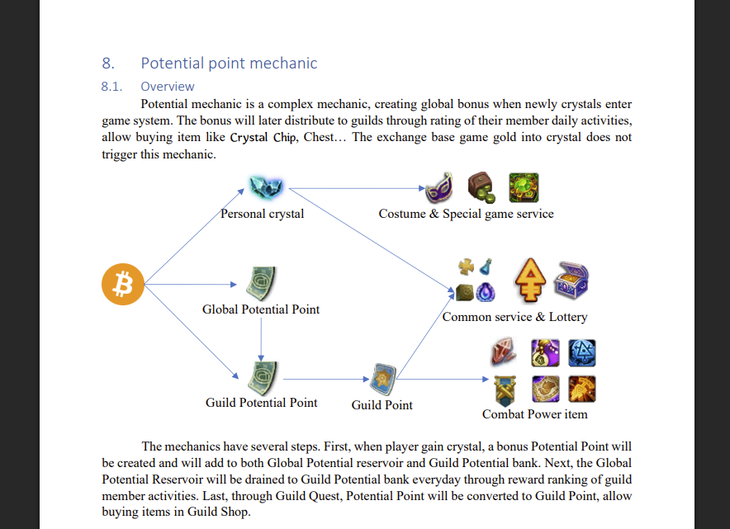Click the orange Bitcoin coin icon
[x=123, y=284]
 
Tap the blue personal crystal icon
[x=265, y=187]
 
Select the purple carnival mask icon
[x=439, y=187]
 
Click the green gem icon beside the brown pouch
[x=524, y=187]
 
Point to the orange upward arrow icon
[x=530, y=280]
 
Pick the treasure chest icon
[x=571, y=280]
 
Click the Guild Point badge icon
[x=382, y=379]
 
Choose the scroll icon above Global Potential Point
[x=261, y=283]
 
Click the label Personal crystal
[x=262, y=214]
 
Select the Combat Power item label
[x=535, y=414]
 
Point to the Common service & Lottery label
[x=515, y=317]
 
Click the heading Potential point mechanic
[x=229, y=63]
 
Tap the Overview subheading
[x=168, y=87]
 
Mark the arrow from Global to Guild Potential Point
[x=261, y=340]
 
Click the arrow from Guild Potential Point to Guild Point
[x=326, y=379]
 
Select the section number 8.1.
[x=111, y=87]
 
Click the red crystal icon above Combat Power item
[x=504, y=352]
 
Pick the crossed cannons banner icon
[x=505, y=390]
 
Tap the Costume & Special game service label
[x=466, y=214]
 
